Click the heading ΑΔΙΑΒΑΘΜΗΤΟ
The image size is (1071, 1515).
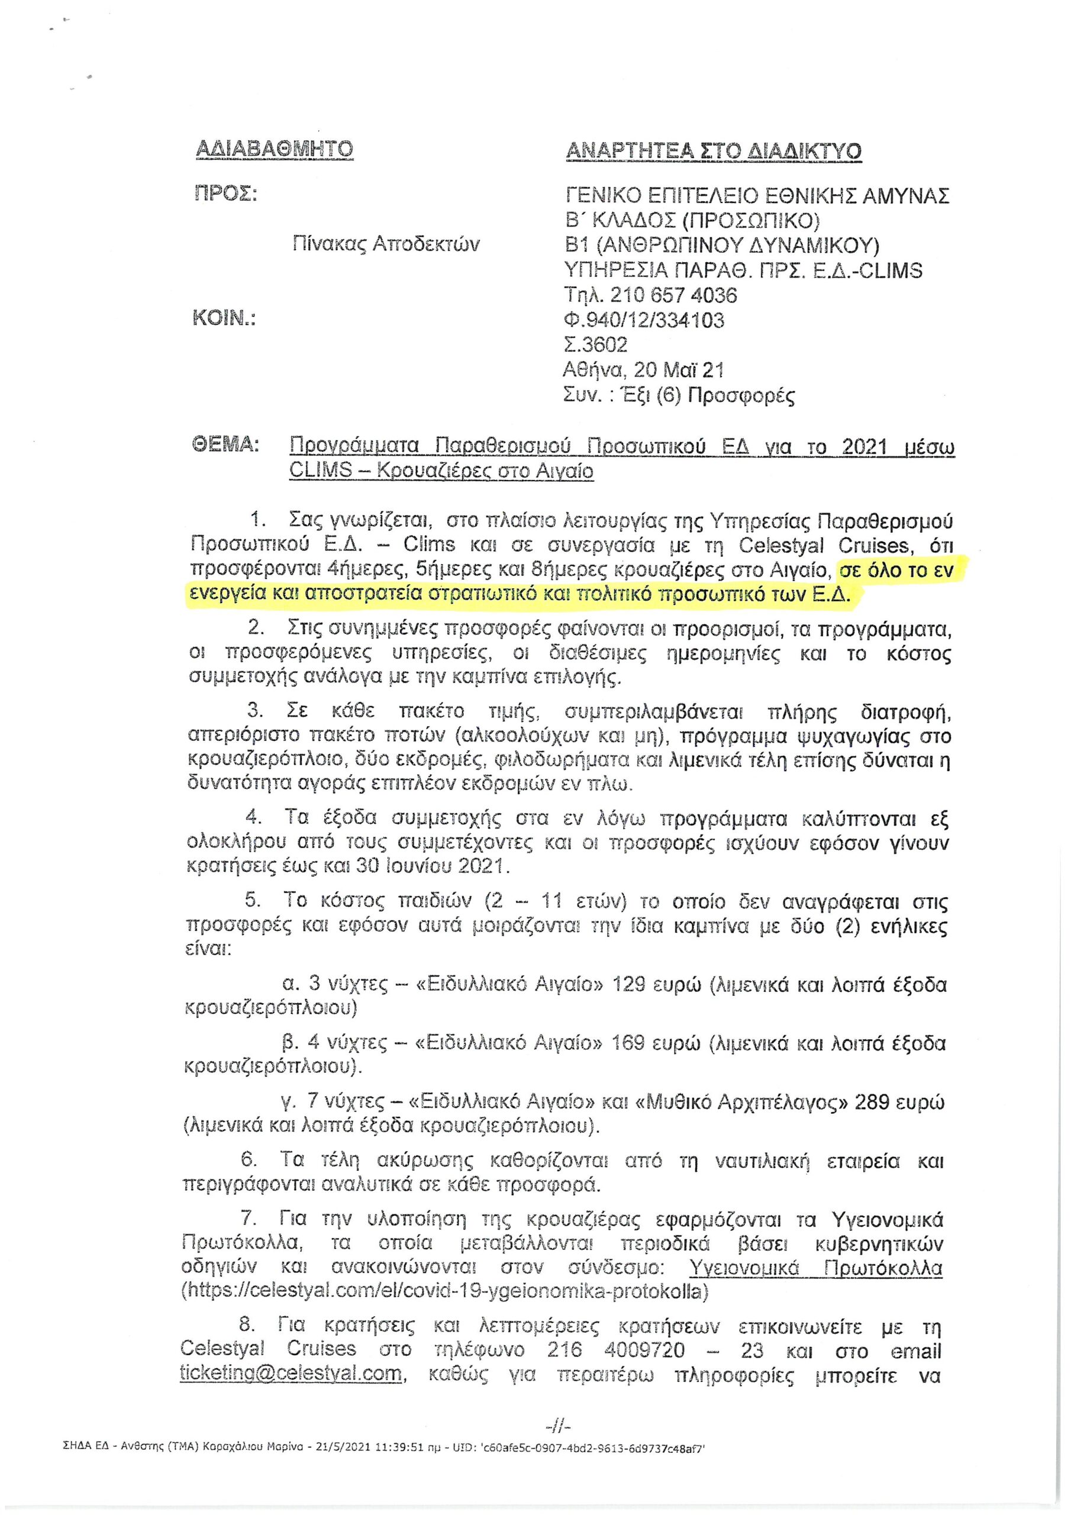(275, 149)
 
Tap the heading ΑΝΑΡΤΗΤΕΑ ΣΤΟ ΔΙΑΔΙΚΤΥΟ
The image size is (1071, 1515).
(714, 151)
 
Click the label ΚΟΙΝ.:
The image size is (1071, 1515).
(223, 320)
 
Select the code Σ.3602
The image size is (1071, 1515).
(596, 344)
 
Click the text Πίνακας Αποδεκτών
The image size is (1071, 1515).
(386, 245)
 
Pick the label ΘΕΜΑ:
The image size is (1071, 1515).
(224, 446)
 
